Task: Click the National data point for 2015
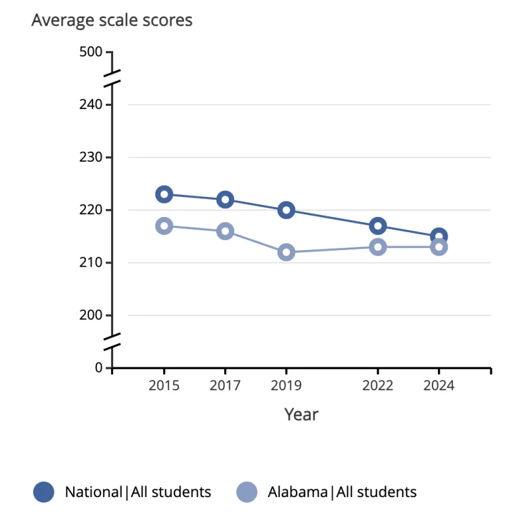pos(164,194)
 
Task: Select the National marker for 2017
pos(225,200)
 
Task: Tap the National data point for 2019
pos(286,210)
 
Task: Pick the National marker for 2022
pos(378,226)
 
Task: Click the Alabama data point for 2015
pos(164,226)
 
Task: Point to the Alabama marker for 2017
pos(225,231)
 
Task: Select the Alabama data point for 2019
pos(286,252)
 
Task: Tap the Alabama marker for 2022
pos(378,247)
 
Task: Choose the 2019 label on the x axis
pos(286,386)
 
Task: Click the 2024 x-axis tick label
pos(438,386)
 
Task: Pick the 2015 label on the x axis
pos(164,386)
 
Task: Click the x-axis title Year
pos(301,415)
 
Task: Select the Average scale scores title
pos(112,21)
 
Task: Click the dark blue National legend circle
pos(44,492)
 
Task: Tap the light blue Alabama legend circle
pos(246,492)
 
